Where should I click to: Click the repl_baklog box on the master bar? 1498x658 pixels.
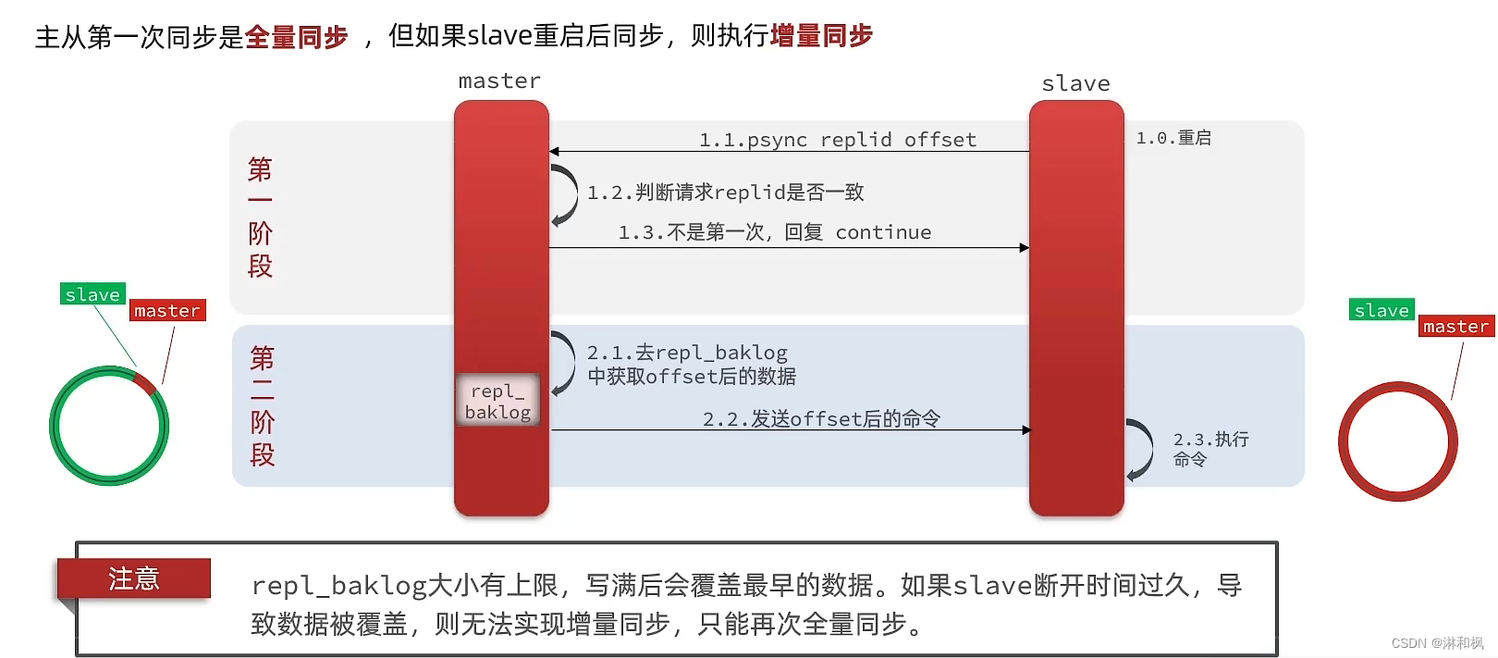tap(497, 401)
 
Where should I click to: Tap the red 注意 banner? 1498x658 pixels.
tap(134, 578)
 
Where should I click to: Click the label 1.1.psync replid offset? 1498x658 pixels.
tap(837, 140)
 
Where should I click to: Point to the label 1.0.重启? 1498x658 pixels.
tap(1173, 138)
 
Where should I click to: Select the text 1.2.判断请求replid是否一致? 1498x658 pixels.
tap(725, 192)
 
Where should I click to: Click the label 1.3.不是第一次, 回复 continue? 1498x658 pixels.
tap(775, 232)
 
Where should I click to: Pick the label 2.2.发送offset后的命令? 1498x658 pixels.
tap(821, 419)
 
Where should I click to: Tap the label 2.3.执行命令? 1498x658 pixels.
tap(1210, 449)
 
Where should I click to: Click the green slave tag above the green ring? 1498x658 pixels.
tap(92, 294)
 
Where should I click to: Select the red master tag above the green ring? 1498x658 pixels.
tap(167, 311)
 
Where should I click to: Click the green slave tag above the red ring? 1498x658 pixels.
tap(1381, 310)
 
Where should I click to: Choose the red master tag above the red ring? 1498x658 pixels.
tap(1455, 327)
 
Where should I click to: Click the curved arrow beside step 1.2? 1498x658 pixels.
tap(565, 194)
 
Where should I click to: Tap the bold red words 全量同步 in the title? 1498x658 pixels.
tap(296, 37)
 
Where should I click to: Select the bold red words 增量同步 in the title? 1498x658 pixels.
tap(821, 36)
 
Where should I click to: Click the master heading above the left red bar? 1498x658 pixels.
tap(499, 81)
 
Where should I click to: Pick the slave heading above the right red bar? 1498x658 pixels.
tap(1075, 84)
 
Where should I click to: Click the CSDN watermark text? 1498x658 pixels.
tap(1437, 643)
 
